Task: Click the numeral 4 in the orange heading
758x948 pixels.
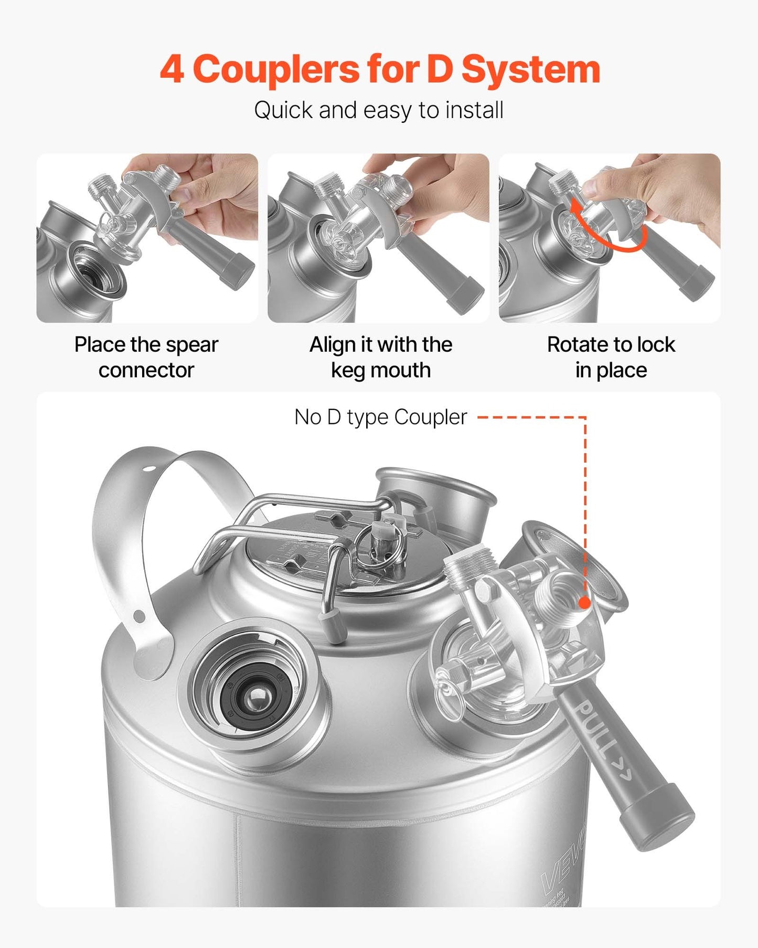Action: tap(172, 70)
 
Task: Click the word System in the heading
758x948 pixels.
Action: tap(530, 70)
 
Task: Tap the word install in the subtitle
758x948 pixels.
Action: tap(474, 111)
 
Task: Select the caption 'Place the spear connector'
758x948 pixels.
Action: tap(146, 357)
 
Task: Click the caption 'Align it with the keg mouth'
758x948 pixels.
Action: tap(380, 357)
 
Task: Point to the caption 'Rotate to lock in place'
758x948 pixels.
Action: tap(611, 357)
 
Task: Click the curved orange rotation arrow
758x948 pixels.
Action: tap(608, 231)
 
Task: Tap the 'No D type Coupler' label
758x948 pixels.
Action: tap(380, 417)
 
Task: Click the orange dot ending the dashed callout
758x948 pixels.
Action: tap(584, 603)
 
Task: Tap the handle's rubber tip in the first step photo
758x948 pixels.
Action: tap(237, 272)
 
